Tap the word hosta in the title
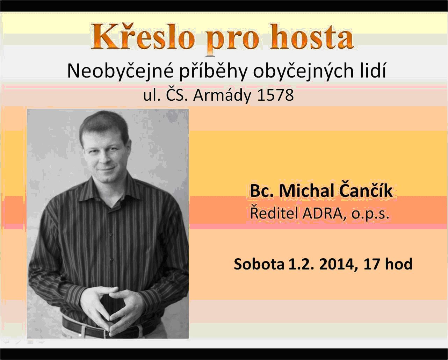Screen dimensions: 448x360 coord(312,36)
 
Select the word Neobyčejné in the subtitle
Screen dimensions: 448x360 coord(120,71)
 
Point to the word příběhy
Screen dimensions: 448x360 coord(213,71)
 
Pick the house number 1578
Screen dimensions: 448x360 coord(275,95)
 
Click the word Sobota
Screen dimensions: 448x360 coord(259,264)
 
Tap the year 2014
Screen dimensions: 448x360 coord(338,264)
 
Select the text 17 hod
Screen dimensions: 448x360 coord(388,264)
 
